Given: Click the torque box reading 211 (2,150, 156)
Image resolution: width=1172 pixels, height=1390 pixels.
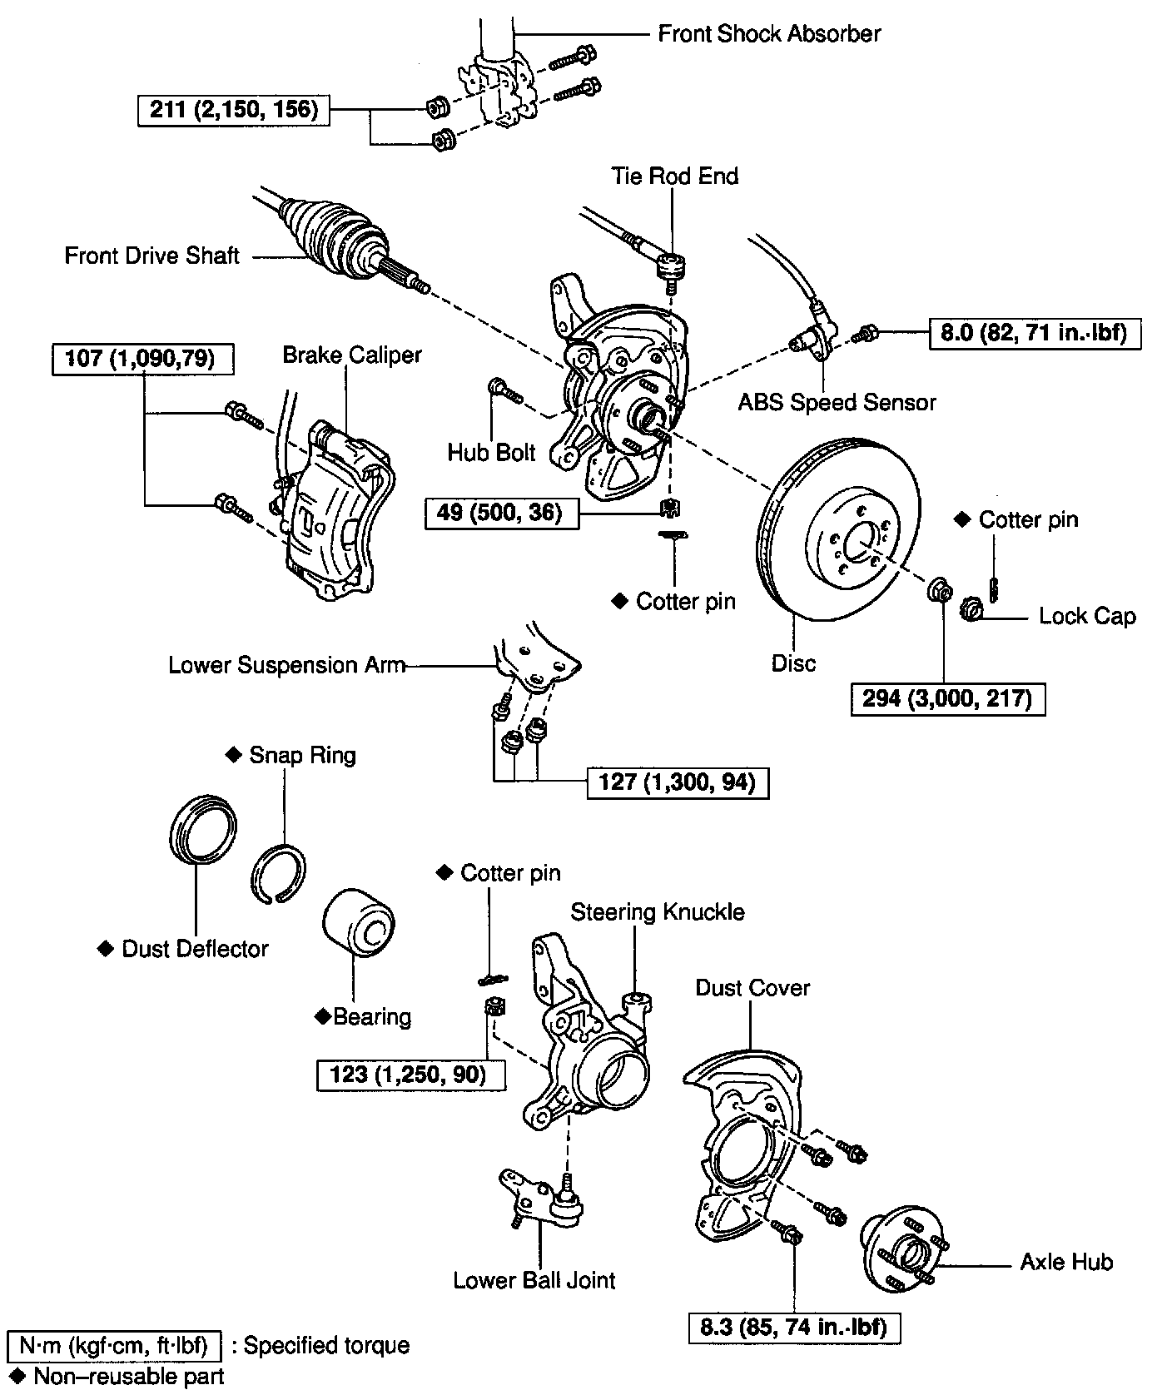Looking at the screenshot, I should (233, 109).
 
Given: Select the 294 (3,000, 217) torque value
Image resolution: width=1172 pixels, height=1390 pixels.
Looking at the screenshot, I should (947, 697).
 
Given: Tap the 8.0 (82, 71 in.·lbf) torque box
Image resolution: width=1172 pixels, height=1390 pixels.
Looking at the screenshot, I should (1034, 333).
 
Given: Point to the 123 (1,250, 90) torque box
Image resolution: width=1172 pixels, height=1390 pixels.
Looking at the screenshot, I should (411, 1074).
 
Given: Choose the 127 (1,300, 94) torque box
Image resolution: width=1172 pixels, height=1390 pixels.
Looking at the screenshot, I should (677, 782).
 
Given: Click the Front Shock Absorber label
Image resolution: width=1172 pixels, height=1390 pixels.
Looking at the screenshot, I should (768, 34).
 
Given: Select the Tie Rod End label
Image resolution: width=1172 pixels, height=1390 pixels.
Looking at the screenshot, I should (674, 176).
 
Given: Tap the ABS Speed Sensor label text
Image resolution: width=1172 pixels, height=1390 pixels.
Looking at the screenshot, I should (837, 403).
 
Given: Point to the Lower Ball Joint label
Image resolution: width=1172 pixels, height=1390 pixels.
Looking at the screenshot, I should (534, 1280).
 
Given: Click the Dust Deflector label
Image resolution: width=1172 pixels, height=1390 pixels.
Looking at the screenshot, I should (194, 949).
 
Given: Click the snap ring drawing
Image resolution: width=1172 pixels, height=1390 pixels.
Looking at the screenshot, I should (278, 873).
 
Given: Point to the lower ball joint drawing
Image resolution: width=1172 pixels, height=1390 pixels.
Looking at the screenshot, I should (541, 1199).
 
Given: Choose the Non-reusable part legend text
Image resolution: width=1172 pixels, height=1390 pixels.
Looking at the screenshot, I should (128, 1376).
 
